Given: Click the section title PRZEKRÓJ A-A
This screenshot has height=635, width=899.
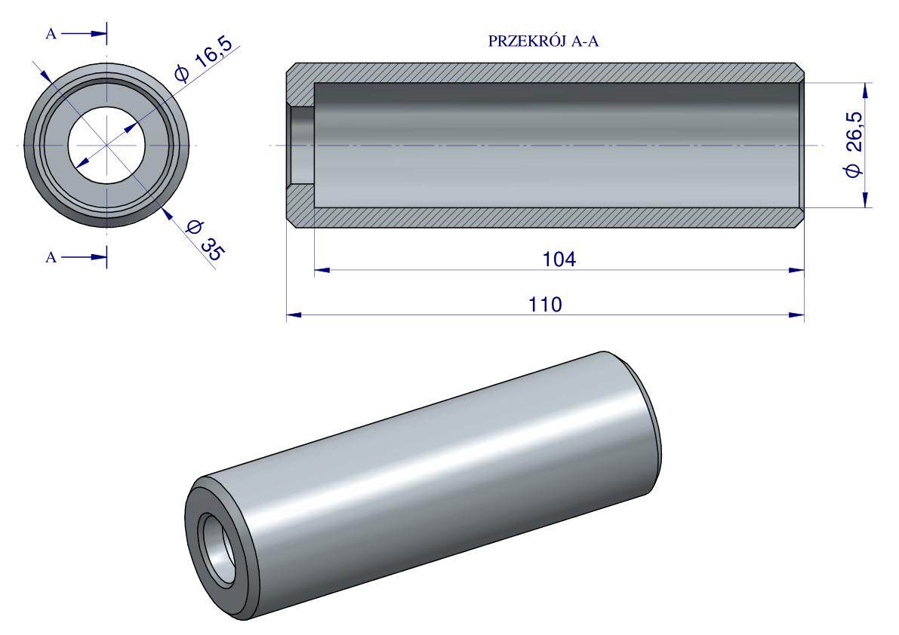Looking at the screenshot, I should (x=543, y=42).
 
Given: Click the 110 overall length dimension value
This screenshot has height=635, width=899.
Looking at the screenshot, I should (x=545, y=304).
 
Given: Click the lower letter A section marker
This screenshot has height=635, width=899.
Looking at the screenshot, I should (x=51, y=257).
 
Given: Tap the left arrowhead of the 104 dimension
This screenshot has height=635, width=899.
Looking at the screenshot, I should (x=322, y=269).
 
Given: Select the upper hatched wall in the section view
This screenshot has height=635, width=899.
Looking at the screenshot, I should (x=543, y=73).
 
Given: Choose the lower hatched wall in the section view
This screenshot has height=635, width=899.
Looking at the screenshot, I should (x=543, y=216).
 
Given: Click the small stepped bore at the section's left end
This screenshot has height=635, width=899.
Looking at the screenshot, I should (x=302, y=144).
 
